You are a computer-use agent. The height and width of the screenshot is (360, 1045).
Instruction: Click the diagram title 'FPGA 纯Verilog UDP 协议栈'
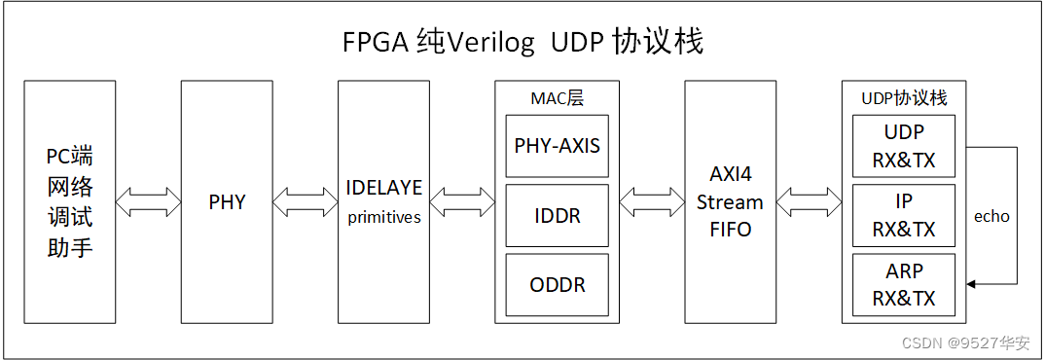point(522,43)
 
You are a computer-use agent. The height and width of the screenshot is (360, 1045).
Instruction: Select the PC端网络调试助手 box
point(70,202)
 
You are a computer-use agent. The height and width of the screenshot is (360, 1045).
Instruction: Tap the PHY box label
point(227,202)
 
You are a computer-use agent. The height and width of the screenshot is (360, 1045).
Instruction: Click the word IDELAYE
point(384,187)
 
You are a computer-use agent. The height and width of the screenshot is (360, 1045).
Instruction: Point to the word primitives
point(384,218)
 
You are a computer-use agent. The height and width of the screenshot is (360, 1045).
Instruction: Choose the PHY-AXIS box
point(558,146)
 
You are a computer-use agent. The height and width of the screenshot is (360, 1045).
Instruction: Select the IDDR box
point(558,216)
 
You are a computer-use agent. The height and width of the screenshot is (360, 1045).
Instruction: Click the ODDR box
point(558,285)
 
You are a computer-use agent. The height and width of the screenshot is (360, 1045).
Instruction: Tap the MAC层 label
point(558,98)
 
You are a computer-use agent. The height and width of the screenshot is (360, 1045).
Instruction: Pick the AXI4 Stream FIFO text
point(730,202)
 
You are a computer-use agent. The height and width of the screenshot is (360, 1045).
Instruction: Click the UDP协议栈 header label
point(904,98)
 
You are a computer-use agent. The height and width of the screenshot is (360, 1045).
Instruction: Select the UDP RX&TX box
point(904,146)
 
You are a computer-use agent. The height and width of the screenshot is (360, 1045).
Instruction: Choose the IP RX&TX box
point(904,216)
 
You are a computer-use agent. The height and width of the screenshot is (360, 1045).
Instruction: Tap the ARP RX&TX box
point(904,285)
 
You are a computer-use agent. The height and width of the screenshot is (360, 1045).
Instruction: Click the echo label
point(991,216)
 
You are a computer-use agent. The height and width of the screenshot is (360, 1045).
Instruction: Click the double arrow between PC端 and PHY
point(148,202)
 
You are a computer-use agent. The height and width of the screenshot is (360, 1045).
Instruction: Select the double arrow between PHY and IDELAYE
point(306,202)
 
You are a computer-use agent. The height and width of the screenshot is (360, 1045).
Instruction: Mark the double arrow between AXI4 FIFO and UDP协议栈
point(809,202)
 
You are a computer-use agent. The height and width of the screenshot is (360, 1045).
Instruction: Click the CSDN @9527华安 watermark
point(965,342)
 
